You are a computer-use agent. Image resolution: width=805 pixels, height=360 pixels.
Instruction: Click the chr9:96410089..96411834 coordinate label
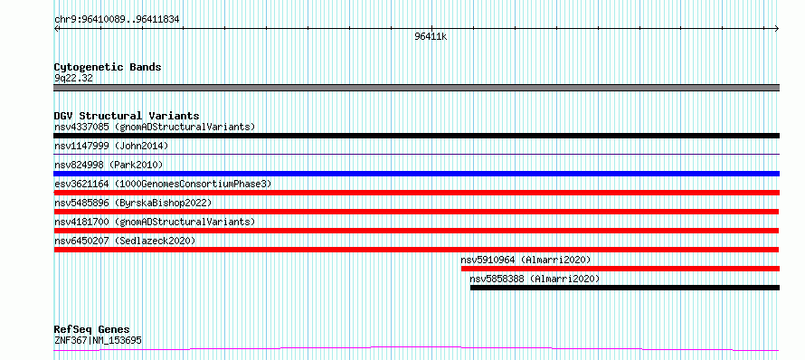point(117,20)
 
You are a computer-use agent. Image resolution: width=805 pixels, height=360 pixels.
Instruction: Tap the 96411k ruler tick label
point(431,36)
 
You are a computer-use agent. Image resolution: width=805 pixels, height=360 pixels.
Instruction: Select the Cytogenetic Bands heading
point(108,67)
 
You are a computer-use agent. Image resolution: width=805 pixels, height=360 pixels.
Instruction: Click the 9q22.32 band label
point(73,78)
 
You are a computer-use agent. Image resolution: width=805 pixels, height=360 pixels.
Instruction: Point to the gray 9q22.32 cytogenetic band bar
point(416,88)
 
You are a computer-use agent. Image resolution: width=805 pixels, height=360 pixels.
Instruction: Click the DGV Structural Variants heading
point(127,116)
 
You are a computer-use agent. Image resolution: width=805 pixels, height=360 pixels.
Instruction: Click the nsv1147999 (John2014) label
point(111,146)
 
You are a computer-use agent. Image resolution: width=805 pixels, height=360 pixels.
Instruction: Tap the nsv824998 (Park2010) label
point(109,165)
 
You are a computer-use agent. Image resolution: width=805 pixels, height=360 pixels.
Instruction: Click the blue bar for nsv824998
point(416,174)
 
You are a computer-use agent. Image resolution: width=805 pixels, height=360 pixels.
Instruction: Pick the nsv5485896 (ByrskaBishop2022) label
point(133,203)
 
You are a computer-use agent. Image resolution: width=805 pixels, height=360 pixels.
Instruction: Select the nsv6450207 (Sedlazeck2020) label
point(125,241)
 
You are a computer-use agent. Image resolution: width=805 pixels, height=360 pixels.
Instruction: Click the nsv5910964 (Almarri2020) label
point(526,260)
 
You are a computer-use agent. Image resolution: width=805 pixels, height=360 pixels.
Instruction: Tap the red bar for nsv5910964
point(620,269)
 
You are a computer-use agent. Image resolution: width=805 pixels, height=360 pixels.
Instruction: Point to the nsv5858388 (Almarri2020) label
point(535,279)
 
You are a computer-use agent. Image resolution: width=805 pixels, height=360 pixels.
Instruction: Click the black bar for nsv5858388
point(625,288)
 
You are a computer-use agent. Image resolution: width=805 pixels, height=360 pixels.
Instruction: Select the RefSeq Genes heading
point(92,329)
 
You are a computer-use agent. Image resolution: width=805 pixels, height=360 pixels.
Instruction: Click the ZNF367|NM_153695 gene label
point(98,340)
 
